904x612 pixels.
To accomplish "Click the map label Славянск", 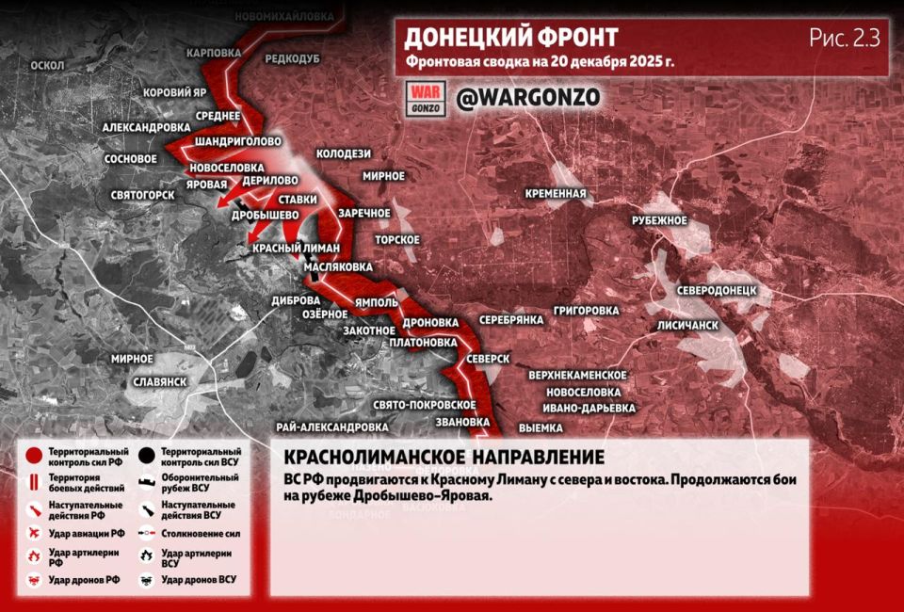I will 159,381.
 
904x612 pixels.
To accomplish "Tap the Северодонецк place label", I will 717,290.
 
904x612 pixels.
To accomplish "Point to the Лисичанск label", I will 687,325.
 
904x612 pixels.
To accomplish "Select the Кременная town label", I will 556,194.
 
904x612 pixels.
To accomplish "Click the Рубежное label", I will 659,220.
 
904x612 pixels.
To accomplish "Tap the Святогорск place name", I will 142,195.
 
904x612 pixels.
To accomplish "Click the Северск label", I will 487,360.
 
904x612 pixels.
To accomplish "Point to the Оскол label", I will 47,66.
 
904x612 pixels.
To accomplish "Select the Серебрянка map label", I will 511,320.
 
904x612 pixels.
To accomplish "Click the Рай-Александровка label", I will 332,427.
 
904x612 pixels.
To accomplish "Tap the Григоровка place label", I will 587,310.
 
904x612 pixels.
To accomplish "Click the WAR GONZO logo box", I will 425,98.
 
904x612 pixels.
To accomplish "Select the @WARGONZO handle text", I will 527,98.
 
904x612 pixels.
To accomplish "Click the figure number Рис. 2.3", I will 844,39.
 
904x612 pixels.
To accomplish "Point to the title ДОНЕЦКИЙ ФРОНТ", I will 511,38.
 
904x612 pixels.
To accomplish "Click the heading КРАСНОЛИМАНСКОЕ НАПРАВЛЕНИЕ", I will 444,458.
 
